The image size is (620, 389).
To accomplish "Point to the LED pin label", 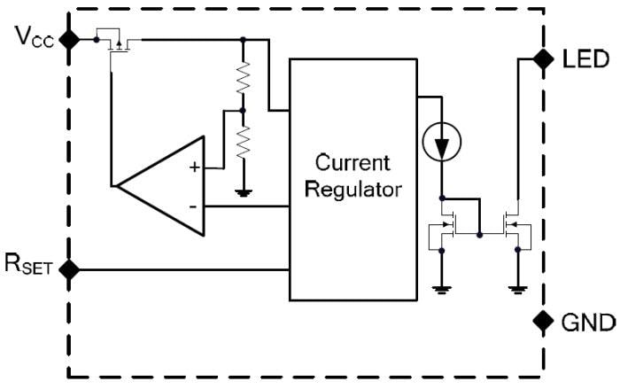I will coord(585,60).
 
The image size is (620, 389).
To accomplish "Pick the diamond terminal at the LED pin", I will coord(539,59).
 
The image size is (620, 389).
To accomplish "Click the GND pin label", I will coord(585,322).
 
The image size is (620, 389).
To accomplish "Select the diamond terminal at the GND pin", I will coord(539,321).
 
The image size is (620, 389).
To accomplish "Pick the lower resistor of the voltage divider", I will coord(243,140).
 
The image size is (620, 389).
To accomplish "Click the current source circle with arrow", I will coord(440,142).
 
